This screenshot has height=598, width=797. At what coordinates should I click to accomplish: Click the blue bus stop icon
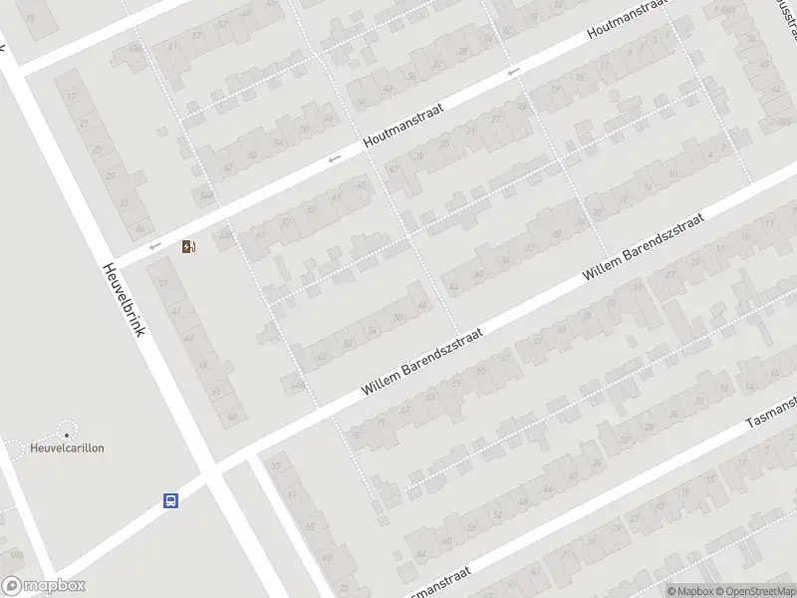tap(171, 501)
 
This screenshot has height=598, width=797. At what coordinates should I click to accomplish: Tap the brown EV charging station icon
tap(188, 246)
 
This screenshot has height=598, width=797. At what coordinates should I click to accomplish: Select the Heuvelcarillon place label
tap(67, 448)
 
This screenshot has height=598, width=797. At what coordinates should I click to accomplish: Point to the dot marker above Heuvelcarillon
tap(67, 434)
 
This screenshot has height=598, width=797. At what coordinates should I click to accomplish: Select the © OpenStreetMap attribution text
tap(754, 591)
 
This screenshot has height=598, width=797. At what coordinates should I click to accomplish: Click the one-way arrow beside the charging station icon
tap(153, 246)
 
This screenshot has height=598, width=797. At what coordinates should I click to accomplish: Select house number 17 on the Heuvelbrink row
tap(71, 97)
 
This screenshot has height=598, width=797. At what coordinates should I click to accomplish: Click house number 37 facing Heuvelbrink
tap(162, 285)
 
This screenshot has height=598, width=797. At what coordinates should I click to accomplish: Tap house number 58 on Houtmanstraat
tap(251, 154)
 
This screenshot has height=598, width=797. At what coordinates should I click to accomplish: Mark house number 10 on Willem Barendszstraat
tap(674, 174)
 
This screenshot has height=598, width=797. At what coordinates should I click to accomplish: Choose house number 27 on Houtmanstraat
tap(495, 119)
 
